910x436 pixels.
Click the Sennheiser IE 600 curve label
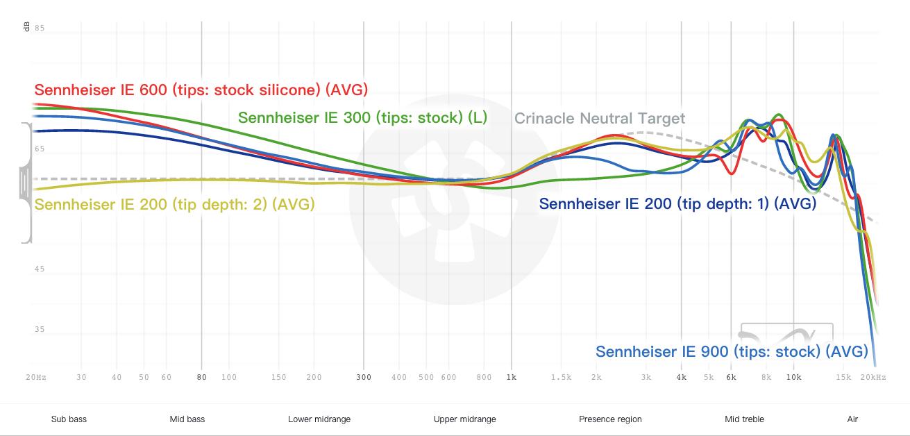tap(201, 90)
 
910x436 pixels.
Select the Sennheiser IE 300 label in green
tap(362, 118)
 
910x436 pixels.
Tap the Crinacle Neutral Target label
tap(599, 119)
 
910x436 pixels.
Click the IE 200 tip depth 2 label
tap(174, 205)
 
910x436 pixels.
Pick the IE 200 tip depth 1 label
tap(677, 204)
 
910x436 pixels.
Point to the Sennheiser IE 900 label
tap(732, 351)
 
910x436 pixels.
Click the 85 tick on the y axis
tap(40, 28)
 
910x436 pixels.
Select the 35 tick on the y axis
tap(40, 330)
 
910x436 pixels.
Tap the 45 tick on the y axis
tap(40, 269)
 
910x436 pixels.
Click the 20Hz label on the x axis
tap(36, 378)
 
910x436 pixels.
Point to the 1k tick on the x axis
tap(512, 378)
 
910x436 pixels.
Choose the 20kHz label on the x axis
tap(873, 378)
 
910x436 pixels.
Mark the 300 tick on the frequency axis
tap(364, 378)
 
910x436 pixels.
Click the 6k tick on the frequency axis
tap(731, 378)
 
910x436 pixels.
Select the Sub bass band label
tap(69, 419)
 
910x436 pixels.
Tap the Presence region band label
tap(610, 419)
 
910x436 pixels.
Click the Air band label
tap(852, 419)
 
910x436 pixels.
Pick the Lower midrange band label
tap(319, 419)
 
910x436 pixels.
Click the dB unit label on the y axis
tap(26, 27)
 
